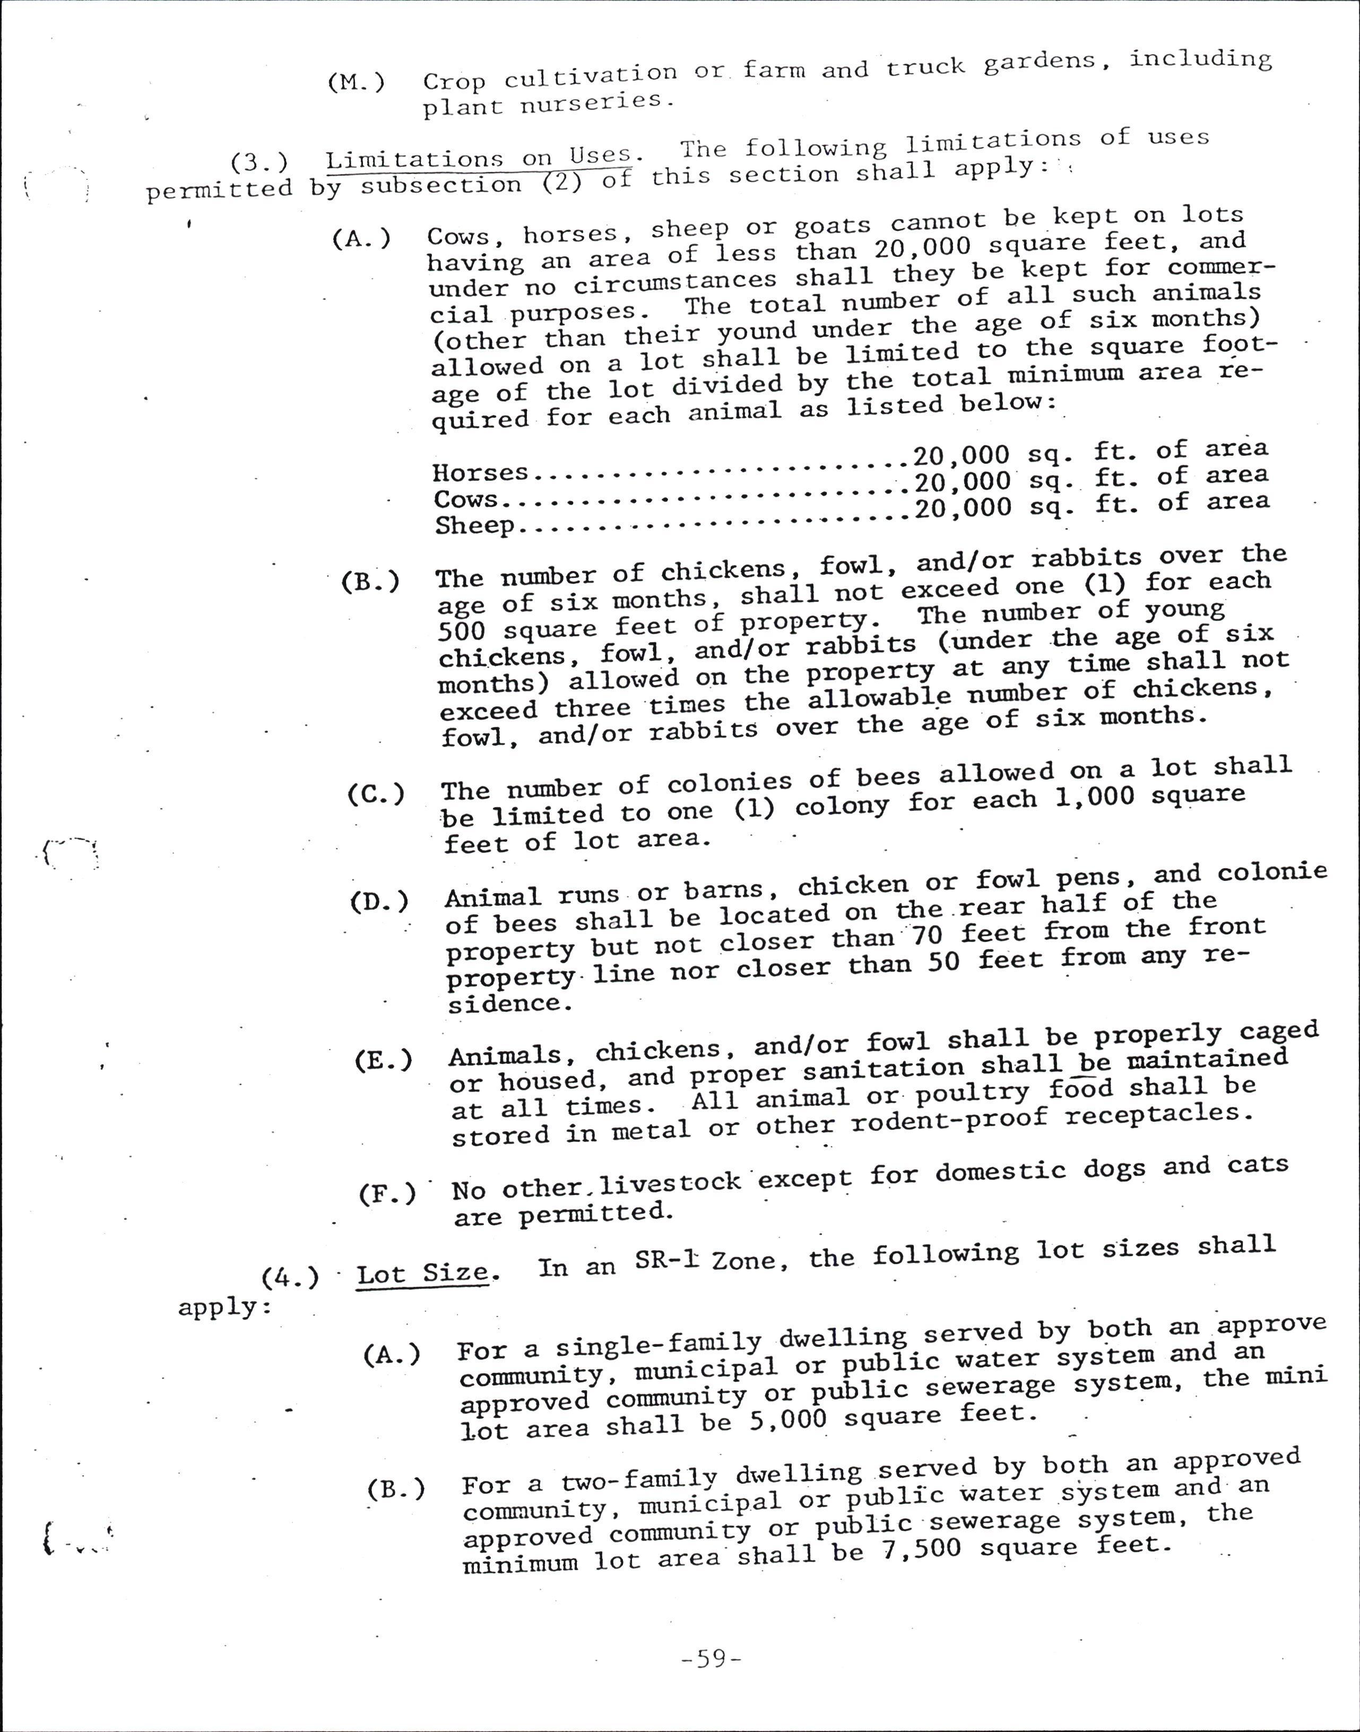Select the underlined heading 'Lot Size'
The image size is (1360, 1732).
point(422,1272)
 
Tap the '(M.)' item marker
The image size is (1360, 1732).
point(356,82)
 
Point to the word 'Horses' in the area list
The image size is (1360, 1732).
point(480,472)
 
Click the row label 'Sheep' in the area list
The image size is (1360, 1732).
point(474,525)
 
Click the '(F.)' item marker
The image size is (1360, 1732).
point(387,1194)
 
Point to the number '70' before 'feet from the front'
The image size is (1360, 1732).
point(926,935)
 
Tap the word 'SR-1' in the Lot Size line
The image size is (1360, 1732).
point(665,1260)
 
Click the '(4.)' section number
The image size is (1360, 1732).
point(290,1277)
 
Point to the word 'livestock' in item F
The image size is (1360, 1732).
point(670,1183)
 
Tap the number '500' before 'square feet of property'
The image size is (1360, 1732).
point(462,631)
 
